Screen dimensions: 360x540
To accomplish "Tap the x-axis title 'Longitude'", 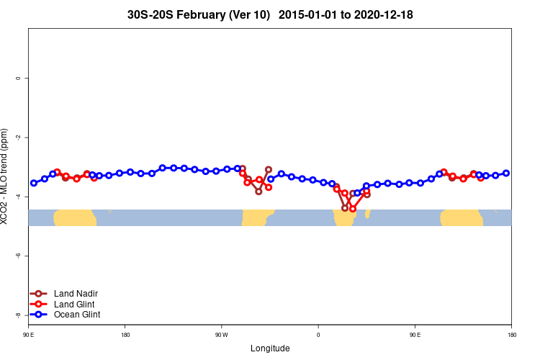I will [270, 348].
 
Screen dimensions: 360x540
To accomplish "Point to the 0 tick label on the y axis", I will [18, 78].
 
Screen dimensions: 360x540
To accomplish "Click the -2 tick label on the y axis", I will [18, 138].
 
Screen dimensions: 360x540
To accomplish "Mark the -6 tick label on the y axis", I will [18, 256].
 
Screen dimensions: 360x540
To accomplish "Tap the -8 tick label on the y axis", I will [18, 315].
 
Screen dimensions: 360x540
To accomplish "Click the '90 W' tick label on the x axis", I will [221, 335].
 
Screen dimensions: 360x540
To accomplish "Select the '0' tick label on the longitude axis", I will [318, 335].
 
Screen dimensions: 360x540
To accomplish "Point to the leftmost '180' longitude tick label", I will [125, 335].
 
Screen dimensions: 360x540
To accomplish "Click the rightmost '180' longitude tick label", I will [511, 335].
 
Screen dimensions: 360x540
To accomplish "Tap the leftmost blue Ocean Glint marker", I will [34, 183].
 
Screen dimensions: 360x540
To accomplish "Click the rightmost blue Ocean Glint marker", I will [506, 173].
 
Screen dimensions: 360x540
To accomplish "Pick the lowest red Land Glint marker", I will [353, 209].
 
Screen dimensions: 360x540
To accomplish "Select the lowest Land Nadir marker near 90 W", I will [258, 192].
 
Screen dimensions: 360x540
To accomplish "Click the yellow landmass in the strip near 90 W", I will [257, 217].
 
